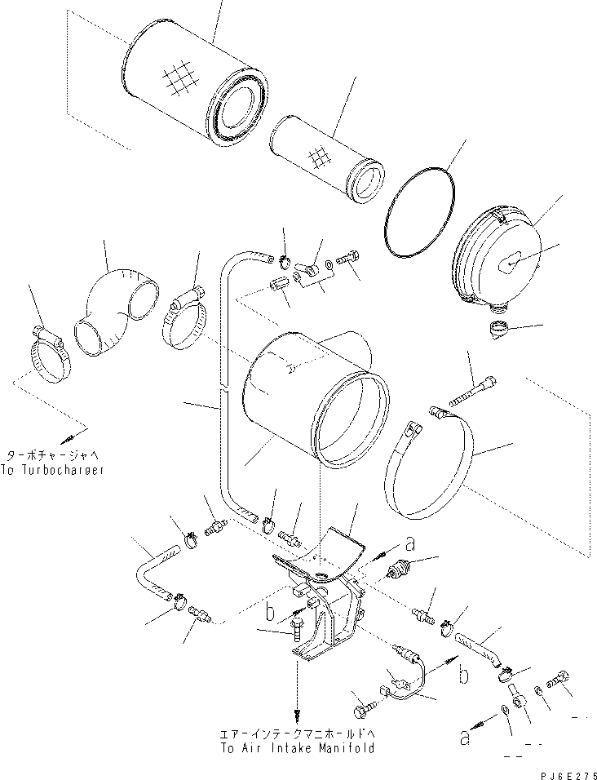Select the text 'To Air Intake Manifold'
point(298,747)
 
